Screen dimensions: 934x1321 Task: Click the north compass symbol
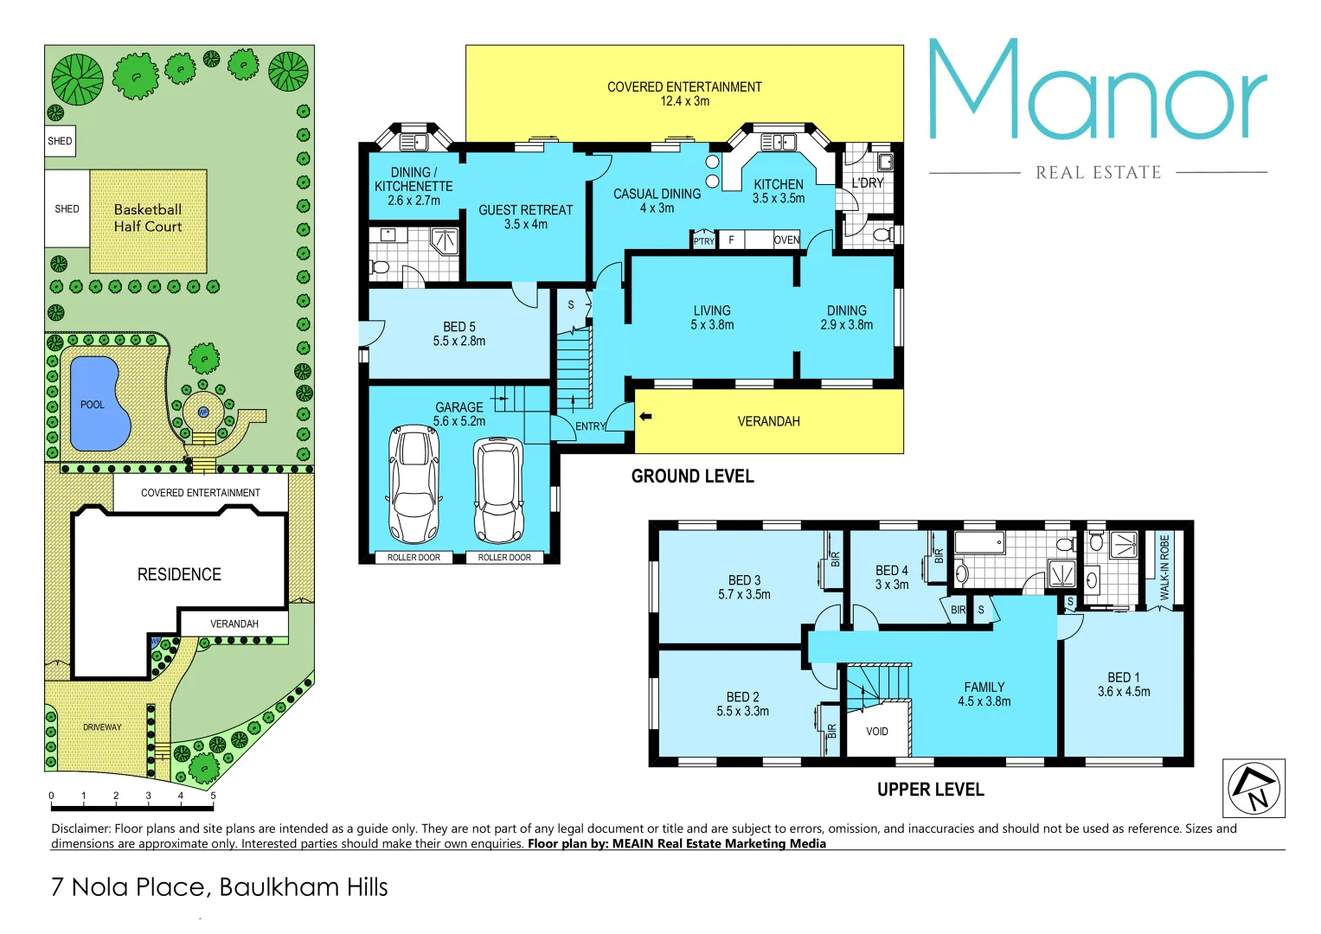(x=1254, y=788)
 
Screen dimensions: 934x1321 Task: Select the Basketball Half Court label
(x=148, y=218)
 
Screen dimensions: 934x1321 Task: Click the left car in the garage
(x=414, y=483)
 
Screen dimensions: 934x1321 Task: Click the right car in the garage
(x=498, y=489)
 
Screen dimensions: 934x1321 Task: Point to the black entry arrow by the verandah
(x=645, y=417)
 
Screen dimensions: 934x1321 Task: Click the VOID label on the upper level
(x=876, y=732)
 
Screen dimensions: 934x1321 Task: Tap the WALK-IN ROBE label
(x=1164, y=566)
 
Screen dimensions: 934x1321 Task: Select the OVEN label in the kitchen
(x=786, y=240)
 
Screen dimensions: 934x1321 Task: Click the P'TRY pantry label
(x=704, y=241)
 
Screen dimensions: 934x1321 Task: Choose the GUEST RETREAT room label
(x=525, y=210)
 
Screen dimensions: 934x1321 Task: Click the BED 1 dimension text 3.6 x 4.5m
(x=1124, y=692)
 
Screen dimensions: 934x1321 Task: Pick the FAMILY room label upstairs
(x=984, y=688)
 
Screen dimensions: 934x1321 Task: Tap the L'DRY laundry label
(x=867, y=183)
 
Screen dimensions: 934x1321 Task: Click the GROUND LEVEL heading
(x=692, y=477)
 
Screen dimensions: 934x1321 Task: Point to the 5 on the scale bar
(x=213, y=796)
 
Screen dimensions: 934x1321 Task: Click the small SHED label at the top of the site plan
(x=60, y=141)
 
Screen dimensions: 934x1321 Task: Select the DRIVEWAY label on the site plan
(x=102, y=727)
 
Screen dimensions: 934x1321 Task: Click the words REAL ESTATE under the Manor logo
(x=1098, y=173)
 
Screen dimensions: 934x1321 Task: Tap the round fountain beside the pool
(x=203, y=413)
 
